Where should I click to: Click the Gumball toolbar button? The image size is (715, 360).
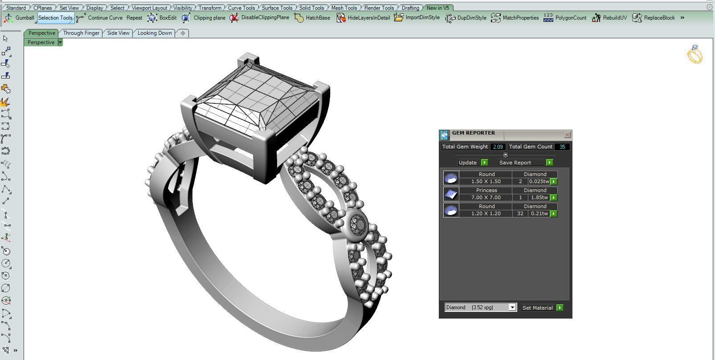click(19, 18)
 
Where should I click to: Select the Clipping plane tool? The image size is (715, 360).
click(204, 18)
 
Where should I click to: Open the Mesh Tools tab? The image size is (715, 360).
click(343, 8)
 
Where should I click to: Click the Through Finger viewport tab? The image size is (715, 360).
click(81, 33)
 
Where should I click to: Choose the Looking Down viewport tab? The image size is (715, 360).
click(154, 33)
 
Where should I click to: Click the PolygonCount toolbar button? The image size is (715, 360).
click(565, 18)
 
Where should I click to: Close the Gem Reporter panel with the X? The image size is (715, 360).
click(567, 135)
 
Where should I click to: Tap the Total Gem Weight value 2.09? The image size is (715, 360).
click(498, 147)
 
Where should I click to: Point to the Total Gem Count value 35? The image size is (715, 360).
click(562, 147)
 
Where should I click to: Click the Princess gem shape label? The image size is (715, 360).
click(486, 190)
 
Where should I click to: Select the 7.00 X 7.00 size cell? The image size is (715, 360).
click(486, 197)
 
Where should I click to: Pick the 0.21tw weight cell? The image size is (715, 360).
click(539, 213)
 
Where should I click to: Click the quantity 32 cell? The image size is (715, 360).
click(520, 213)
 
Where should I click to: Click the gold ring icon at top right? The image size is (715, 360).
click(695, 54)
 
